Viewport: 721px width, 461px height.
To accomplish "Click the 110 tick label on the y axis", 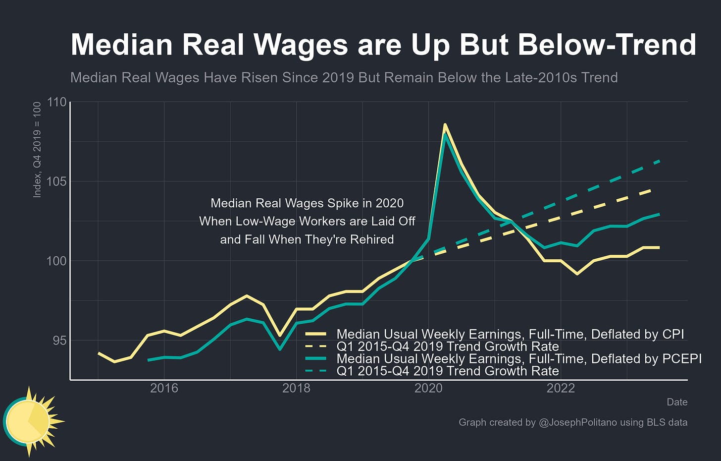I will pos(56,102).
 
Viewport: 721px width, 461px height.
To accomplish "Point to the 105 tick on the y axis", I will pos(56,181).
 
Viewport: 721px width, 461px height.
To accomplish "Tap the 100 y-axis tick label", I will pos(56,261).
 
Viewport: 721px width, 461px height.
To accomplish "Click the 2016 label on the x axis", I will pos(164,388).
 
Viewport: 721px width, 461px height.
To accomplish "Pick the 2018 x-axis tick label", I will pos(296,388).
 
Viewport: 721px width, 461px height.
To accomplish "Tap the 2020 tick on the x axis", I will pos(428,388).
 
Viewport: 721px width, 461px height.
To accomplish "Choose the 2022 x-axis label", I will pos(561,388).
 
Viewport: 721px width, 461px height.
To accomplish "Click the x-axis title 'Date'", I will pos(677,402).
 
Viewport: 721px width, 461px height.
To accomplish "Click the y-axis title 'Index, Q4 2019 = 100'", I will pos(37,150).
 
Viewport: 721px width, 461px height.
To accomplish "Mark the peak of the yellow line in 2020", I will pos(445,124).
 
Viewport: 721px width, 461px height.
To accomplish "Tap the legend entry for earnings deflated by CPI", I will pos(510,334).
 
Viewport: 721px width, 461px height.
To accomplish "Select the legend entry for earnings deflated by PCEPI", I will pos(518,358).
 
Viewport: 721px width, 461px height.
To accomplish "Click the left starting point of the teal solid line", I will pos(148,360).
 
